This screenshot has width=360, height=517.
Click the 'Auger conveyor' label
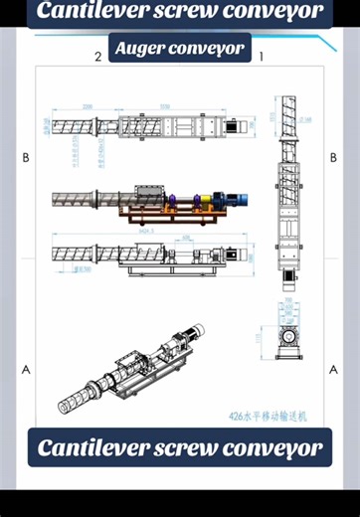coord(179,49)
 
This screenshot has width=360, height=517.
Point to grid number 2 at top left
coord(97,58)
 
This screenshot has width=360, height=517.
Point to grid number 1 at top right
coord(261,58)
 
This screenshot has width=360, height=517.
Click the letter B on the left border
coord(26,158)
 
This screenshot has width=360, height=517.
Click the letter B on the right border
coord(333,158)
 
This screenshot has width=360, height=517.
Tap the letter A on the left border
coord(26,368)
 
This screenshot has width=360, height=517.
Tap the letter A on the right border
coord(333,368)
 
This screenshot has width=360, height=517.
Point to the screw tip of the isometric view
coord(65,403)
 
